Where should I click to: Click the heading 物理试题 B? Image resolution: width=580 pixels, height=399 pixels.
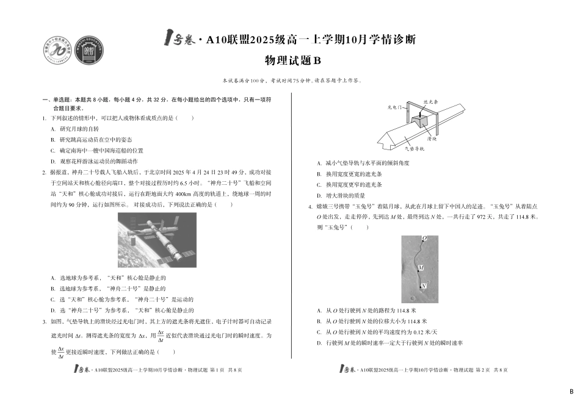point(292,60)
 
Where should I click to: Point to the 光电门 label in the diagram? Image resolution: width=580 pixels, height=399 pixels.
point(396,106)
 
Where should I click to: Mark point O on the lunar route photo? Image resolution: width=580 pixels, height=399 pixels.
point(424,238)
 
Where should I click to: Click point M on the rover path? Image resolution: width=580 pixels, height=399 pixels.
point(421,268)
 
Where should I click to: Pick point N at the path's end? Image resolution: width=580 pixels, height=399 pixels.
point(423,286)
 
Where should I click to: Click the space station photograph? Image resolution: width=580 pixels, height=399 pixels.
point(158,239)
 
